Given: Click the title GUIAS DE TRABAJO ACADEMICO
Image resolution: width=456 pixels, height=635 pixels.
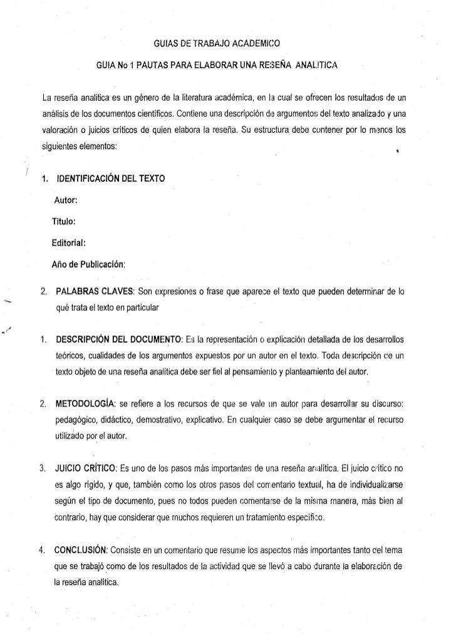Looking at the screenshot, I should pyautogui.click(x=217, y=45).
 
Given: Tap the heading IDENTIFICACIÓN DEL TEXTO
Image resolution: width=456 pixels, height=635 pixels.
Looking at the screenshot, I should pyautogui.click(x=110, y=179).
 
